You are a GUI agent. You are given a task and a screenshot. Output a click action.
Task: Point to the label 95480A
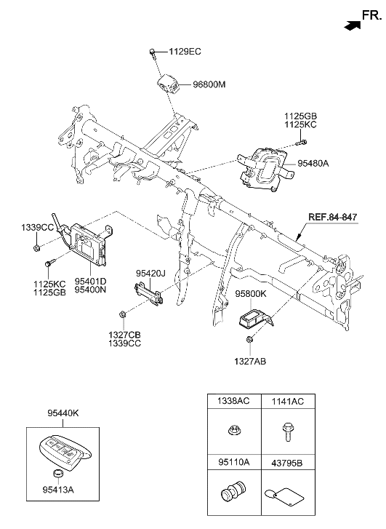[313, 164]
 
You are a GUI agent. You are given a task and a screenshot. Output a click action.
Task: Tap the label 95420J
[151, 274]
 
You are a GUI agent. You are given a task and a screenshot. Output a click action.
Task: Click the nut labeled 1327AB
[249, 340]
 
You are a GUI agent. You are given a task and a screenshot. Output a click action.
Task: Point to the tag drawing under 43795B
[287, 496]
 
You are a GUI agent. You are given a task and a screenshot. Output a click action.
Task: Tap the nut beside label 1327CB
[122, 314]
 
